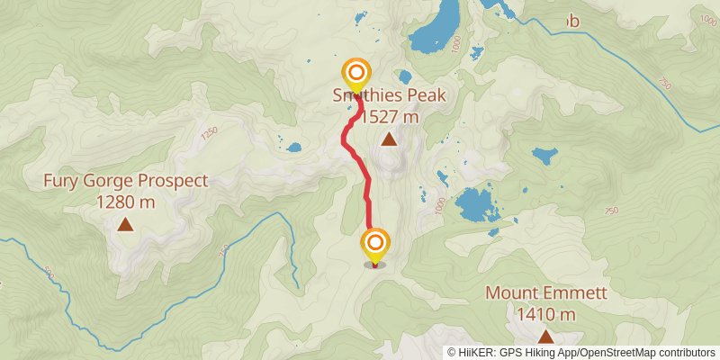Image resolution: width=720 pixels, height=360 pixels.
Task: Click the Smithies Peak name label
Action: click(x=389, y=96)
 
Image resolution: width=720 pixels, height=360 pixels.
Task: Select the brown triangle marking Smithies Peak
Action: click(x=389, y=139)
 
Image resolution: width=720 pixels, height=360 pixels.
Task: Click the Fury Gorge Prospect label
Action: click(x=126, y=181)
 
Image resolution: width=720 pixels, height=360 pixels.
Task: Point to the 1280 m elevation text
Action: click(x=126, y=202)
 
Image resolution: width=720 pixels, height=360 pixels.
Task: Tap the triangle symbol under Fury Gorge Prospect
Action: click(x=125, y=224)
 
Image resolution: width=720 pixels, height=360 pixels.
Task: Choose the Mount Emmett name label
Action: click(x=546, y=293)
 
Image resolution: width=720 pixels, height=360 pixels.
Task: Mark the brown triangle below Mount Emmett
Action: click(x=545, y=336)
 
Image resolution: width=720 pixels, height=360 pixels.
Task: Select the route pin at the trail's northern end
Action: click(x=356, y=74)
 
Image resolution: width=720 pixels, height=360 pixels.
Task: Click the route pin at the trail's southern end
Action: click(x=374, y=244)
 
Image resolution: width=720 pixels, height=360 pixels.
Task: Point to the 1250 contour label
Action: click(x=211, y=132)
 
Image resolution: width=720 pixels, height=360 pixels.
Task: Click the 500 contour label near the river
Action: click(x=48, y=271)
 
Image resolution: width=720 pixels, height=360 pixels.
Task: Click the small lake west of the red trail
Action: click(x=292, y=146)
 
